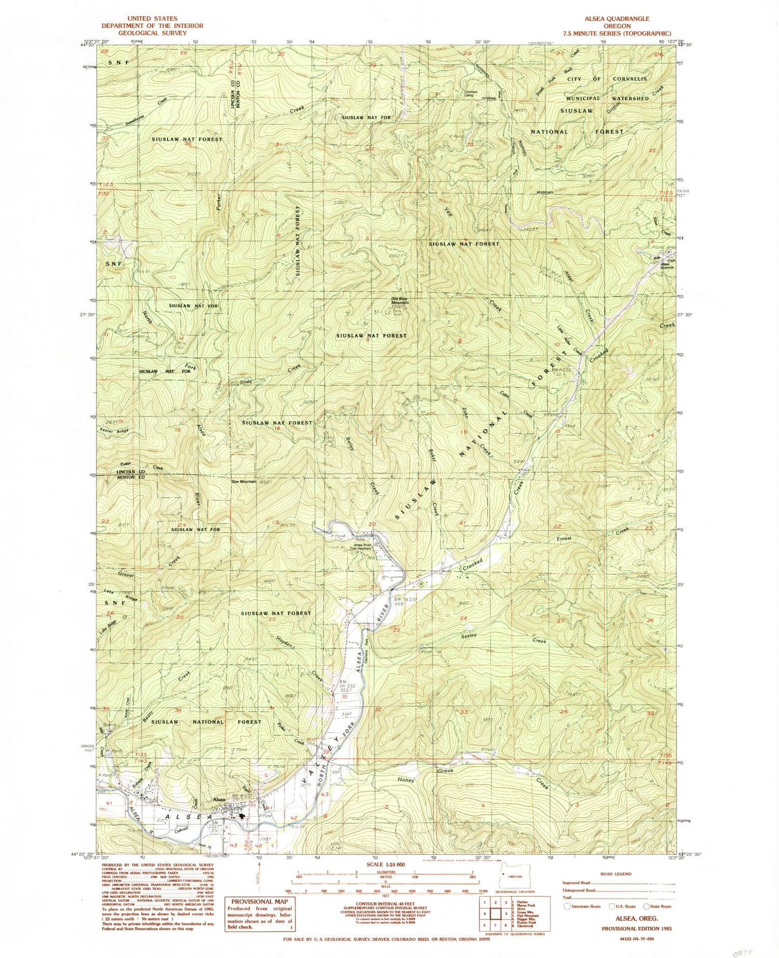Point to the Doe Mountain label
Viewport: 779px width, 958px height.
[x=244, y=481]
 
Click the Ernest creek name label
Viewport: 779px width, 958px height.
[x=564, y=538]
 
